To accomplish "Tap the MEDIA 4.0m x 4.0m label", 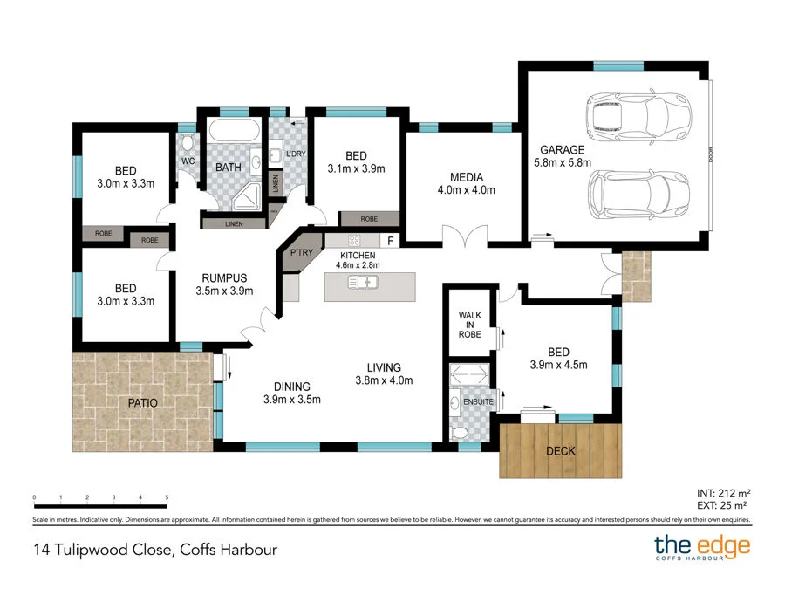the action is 466,183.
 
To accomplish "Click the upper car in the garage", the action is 638,117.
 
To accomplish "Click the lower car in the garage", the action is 638,195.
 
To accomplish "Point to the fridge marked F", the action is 390,241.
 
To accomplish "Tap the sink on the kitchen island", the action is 363,283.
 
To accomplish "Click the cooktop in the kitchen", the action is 354,241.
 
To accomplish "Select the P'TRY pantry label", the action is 302,252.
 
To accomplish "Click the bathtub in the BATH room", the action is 234,131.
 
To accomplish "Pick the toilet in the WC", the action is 188,143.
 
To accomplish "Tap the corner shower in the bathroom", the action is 247,196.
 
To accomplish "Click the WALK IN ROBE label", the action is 469,325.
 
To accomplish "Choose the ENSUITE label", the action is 478,401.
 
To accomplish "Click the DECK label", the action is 561,451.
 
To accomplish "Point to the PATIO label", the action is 143,402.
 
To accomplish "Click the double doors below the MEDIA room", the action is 465,236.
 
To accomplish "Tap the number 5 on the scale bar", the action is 167,497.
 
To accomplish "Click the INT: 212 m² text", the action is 723,493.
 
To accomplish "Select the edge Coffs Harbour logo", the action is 702,547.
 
